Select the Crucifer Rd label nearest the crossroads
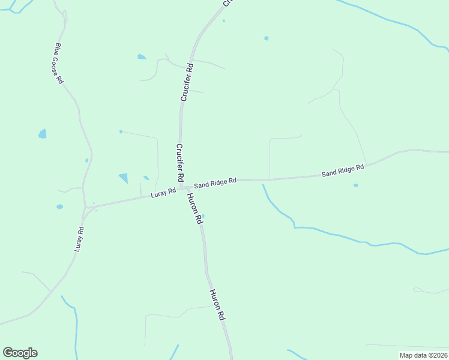tap(179, 163)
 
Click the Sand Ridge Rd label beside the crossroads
tap(215, 182)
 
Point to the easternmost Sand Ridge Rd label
tap(343, 170)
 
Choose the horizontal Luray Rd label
tap(163, 193)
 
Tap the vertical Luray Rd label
tap(79, 238)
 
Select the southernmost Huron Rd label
tap(217, 304)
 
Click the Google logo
tap(20, 352)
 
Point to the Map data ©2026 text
tap(423, 355)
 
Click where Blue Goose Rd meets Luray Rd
tap(85, 208)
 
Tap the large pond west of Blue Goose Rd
tap(42, 134)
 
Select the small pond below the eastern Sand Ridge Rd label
tap(356, 185)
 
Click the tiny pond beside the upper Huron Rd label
tap(203, 216)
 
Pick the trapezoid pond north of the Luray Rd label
tap(124, 178)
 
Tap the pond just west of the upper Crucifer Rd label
tap(141, 57)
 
